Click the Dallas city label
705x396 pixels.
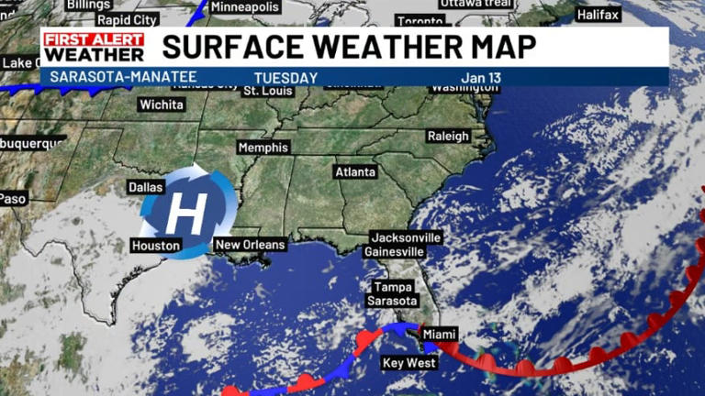point(146,187)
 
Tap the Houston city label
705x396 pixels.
point(156,246)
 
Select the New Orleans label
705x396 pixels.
point(250,245)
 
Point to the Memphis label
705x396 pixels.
point(263,148)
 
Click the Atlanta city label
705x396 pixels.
point(355,171)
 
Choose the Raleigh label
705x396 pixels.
point(448,136)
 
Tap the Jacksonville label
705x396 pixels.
point(406,237)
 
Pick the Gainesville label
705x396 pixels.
point(394,251)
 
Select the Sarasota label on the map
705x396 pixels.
point(392,301)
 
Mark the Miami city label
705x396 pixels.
point(440,335)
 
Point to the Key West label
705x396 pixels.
point(409,363)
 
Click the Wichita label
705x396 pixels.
point(161,104)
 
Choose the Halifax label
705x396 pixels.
point(599,15)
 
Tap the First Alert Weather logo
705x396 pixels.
point(93,47)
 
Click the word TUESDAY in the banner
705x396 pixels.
point(286,78)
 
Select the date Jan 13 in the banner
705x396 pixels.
point(483,78)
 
